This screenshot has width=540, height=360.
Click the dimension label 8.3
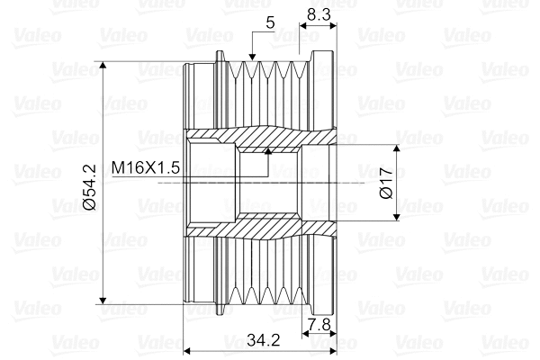tap(319, 14)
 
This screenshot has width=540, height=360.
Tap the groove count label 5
tap(270, 22)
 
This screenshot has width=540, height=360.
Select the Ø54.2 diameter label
tap(89, 187)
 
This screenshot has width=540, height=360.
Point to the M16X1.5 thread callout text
tap(146, 168)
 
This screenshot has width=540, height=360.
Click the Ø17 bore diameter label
tap(386, 183)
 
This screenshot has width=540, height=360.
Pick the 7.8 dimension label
tap(319, 324)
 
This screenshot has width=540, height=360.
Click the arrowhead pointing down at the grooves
tap(252, 57)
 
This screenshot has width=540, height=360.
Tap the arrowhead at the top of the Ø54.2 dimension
tap(103, 66)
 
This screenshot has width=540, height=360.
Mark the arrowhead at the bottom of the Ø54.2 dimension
tap(103, 300)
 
